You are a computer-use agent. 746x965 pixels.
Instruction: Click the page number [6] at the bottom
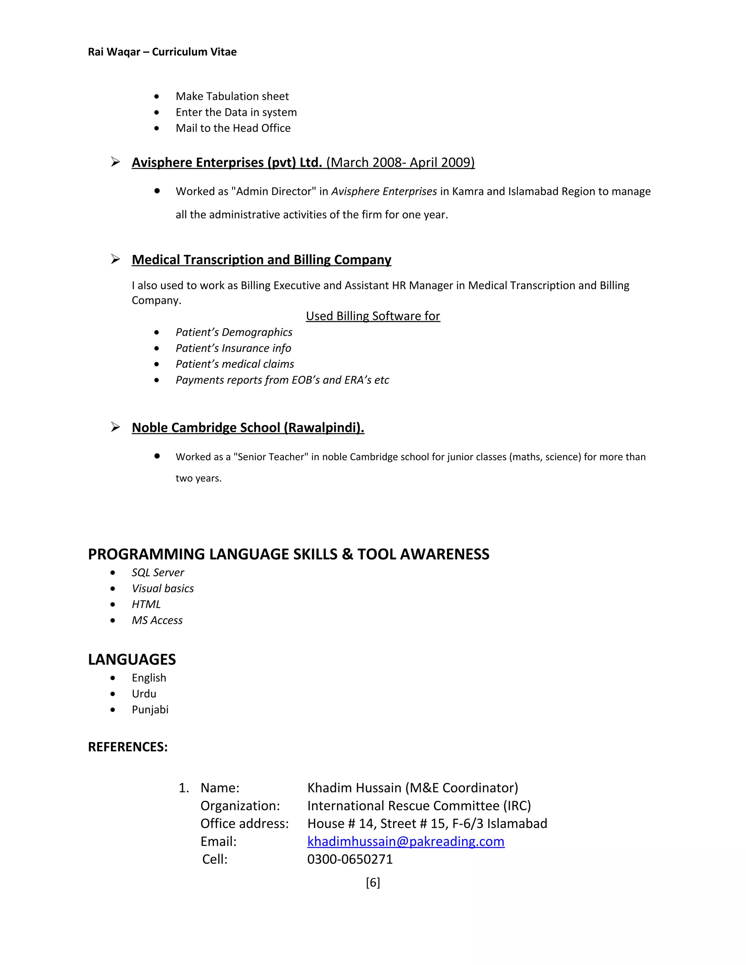[373, 882]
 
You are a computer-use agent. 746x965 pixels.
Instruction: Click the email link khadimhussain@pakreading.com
[405, 841]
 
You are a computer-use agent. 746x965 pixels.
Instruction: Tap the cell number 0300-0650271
[350, 859]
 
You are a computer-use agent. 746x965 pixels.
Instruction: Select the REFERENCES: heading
[128, 747]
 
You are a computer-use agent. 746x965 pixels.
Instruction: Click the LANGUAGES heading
[132, 659]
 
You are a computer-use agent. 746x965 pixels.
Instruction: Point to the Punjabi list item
[150, 710]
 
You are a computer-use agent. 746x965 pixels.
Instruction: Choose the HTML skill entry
[146, 604]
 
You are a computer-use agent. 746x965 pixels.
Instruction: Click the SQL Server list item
[157, 572]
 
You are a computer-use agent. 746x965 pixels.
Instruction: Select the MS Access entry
[157, 620]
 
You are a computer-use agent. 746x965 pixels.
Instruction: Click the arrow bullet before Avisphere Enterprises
[115, 162]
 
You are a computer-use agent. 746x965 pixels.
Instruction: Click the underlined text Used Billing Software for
[373, 316]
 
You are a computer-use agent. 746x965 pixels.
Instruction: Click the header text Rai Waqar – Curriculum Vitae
[162, 52]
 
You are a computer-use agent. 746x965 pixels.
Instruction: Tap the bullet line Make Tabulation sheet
[232, 96]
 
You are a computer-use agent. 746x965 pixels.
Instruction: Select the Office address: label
[244, 824]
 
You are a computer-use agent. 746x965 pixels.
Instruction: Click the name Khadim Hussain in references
[354, 788]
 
